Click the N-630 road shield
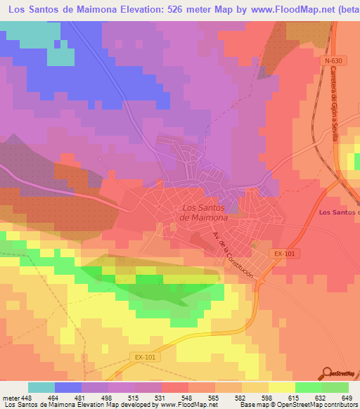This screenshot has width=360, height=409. [x=333, y=61]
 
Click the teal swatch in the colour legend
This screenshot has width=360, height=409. [x=41, y=387]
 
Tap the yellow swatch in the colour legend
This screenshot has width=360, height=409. [x=282, y=387]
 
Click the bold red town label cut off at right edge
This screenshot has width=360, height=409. [x=339, y=212]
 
